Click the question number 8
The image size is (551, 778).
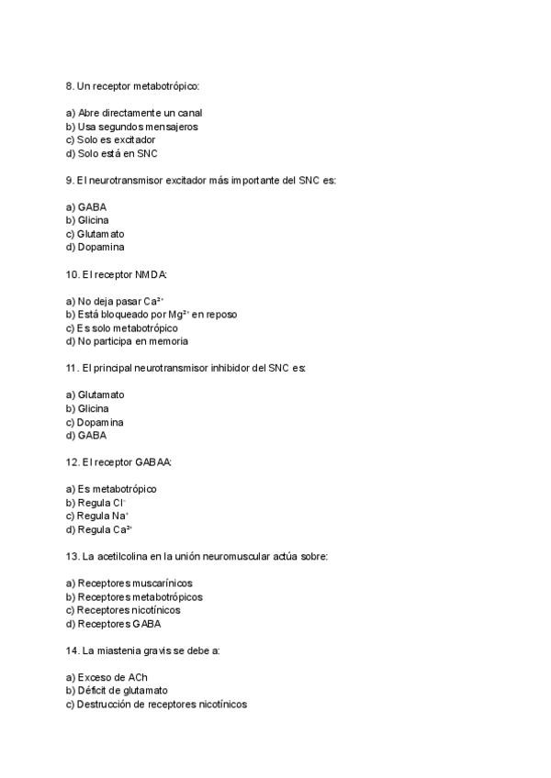pos(70,85)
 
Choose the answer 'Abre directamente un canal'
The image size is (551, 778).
pos(133,113)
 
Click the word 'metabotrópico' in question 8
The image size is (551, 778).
pos(165,85)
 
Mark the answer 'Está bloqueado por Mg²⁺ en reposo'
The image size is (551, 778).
pos(151,315)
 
